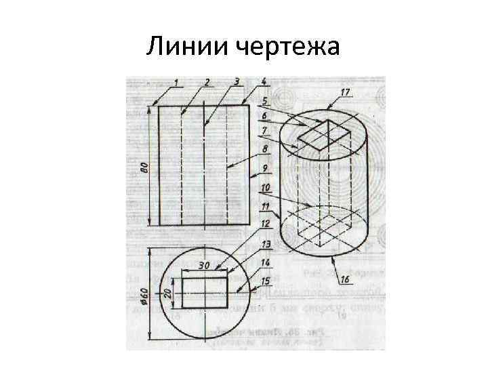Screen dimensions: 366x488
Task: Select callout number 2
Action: (207, 83)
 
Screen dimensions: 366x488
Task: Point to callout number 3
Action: (236, 82)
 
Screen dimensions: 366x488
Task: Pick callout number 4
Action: (264, 82)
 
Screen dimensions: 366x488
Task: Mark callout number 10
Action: (265, 186)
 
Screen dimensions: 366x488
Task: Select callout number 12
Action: (265, 223)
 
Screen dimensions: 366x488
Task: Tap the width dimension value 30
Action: (203, 266)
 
